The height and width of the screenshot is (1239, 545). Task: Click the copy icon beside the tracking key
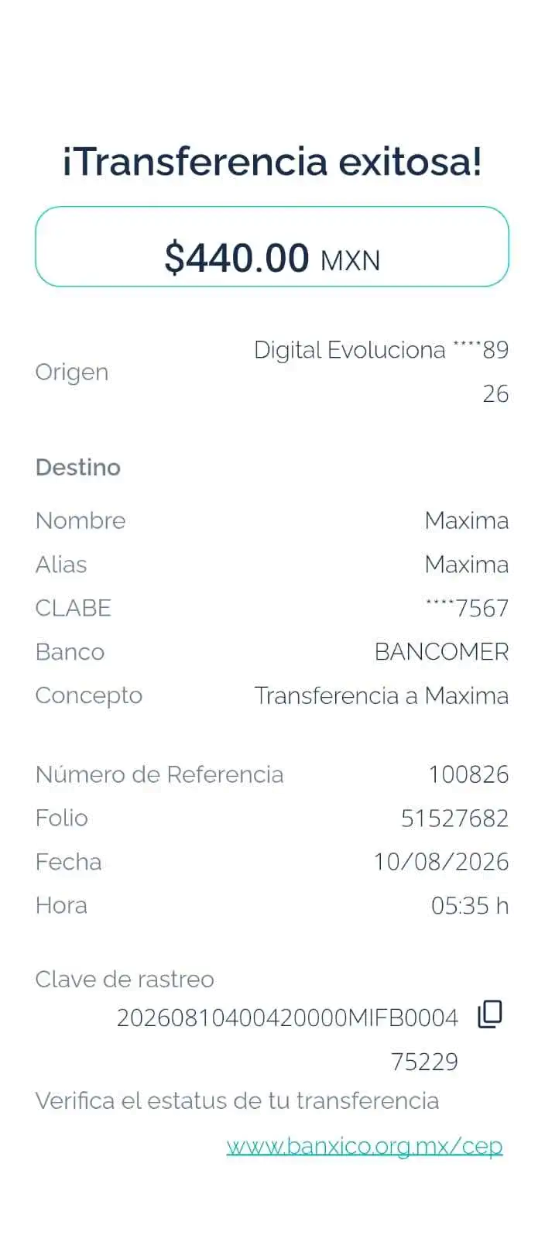point(490,1014)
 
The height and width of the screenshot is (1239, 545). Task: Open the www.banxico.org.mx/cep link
point(365,1145)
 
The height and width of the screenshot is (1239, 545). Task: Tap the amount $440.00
point(237,258)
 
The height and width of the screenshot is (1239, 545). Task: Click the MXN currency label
point(351,261)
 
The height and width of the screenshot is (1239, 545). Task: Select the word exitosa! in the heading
point(410,162)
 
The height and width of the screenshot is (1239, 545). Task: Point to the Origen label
point(72,372)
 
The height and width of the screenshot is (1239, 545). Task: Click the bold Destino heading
point(78,468)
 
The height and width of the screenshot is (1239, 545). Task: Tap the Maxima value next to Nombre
point(467,520)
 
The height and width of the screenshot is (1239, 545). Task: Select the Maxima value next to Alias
point(467,565)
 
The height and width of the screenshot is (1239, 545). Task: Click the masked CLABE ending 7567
point(467,608)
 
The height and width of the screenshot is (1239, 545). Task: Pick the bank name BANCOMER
point(441,651)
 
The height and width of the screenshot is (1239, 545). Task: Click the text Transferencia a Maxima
point(382,695)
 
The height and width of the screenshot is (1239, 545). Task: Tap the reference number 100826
point(468,774)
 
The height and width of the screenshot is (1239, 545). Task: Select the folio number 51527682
point(454,818)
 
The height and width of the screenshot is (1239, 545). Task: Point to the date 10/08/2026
point(441,862)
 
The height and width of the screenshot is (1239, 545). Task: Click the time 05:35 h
point(470,905)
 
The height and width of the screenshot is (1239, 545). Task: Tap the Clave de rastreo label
point(125,979)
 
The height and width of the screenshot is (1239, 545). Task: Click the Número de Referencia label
point(159,774)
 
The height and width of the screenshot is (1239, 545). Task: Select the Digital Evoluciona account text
point(382,372)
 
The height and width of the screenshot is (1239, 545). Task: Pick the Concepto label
point(89,696)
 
